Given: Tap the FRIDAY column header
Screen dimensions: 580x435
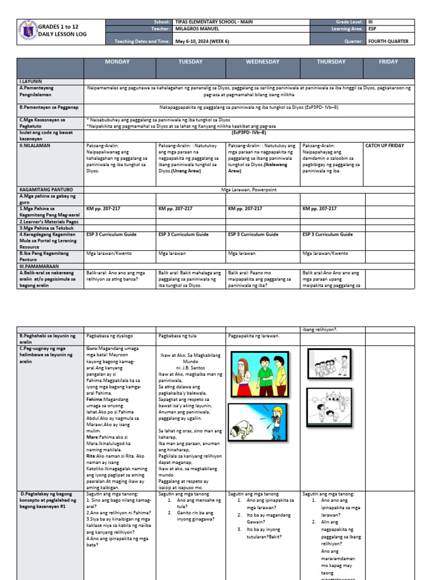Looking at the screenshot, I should pyautogui.click(x=388, y=62).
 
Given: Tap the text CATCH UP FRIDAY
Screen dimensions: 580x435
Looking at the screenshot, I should pyautogui.click(x=385, y=146).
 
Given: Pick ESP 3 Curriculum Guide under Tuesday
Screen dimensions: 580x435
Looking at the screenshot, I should pyautogui.click(x=182, y=234).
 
